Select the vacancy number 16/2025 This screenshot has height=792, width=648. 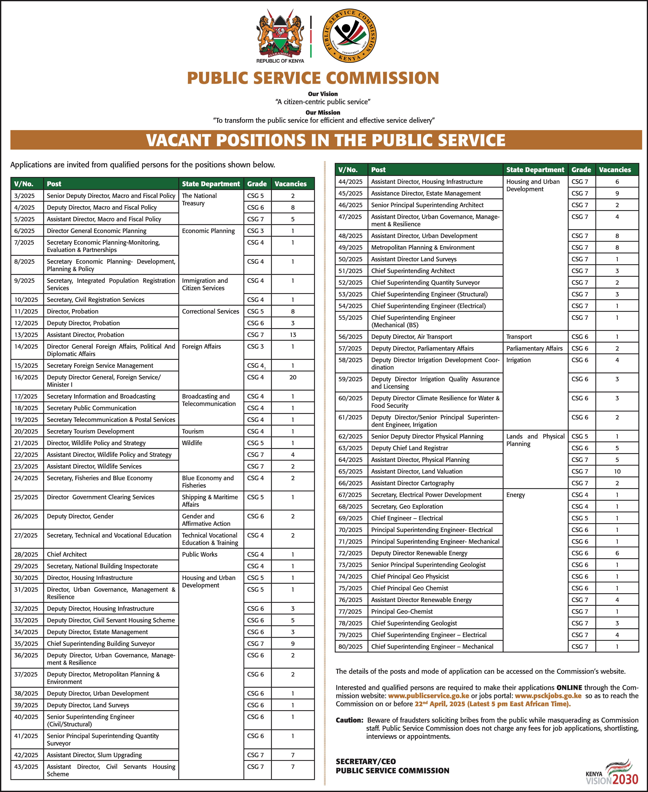[26, 377]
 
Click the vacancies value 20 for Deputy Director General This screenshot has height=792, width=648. [293, 377]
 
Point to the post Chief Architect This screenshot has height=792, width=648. [67, 554]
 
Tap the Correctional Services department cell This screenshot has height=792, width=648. [211, 311]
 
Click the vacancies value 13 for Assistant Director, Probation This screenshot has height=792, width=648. [293, 335]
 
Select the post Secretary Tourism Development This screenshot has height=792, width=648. [90, 431]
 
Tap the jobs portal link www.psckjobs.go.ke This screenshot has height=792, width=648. [548, 696]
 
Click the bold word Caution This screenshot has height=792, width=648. [349, 720]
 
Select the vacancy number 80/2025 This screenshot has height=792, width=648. [351, 646]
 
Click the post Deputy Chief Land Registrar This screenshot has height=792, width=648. [410, 448]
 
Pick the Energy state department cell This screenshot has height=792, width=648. [516, 495]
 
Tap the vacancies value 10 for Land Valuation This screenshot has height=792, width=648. [617, 471]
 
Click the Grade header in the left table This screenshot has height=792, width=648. [257, 184]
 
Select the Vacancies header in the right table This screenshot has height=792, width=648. [615, 169]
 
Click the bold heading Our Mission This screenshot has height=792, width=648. [323, 112]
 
